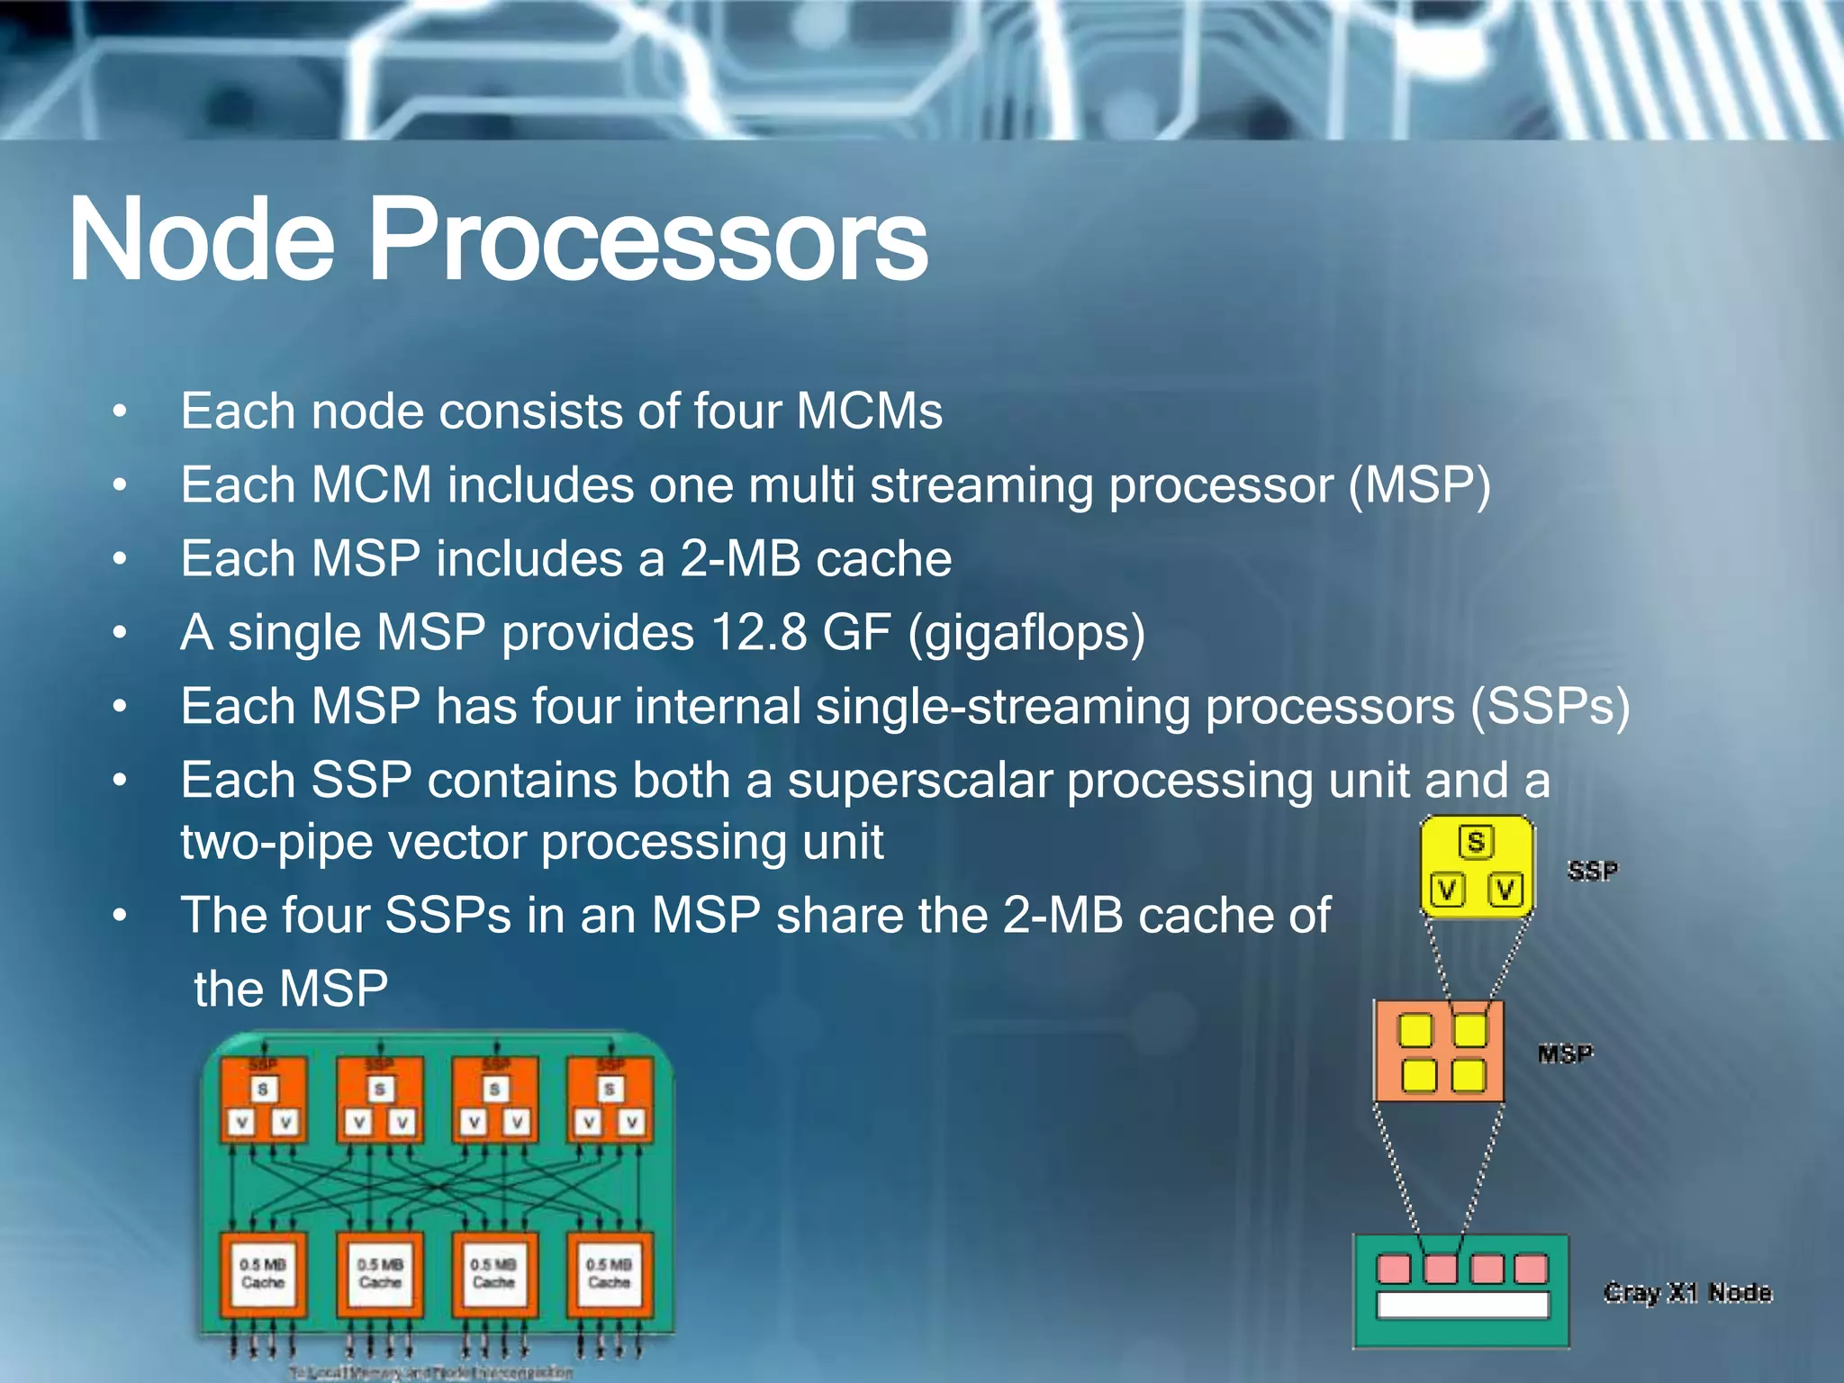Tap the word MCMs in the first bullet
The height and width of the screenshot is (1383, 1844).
[869, 411]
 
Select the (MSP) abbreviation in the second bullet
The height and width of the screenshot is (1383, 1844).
[1420, 486]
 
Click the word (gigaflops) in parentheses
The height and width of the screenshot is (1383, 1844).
[1026, 633]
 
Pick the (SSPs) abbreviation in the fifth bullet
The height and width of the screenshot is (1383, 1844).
[1550, 707]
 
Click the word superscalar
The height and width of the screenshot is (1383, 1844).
[919, 780]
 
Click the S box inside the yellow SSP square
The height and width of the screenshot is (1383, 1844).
[1475, 842]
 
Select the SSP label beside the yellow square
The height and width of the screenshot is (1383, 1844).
[1592, 871]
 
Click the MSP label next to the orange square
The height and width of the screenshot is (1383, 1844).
[1565, 1053]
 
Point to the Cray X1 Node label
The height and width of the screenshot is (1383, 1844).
[1686, 1293]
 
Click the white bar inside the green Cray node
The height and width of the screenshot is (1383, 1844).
[1462, 1305]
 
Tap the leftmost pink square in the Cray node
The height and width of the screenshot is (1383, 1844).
[1394, 1269]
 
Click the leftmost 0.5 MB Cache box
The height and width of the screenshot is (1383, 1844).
[263, 1273]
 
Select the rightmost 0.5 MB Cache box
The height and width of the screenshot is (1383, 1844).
[609, 1273]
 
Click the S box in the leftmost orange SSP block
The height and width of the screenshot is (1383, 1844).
[263, 1089]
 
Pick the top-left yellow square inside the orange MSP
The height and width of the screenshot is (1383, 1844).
[1415, 1030]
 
